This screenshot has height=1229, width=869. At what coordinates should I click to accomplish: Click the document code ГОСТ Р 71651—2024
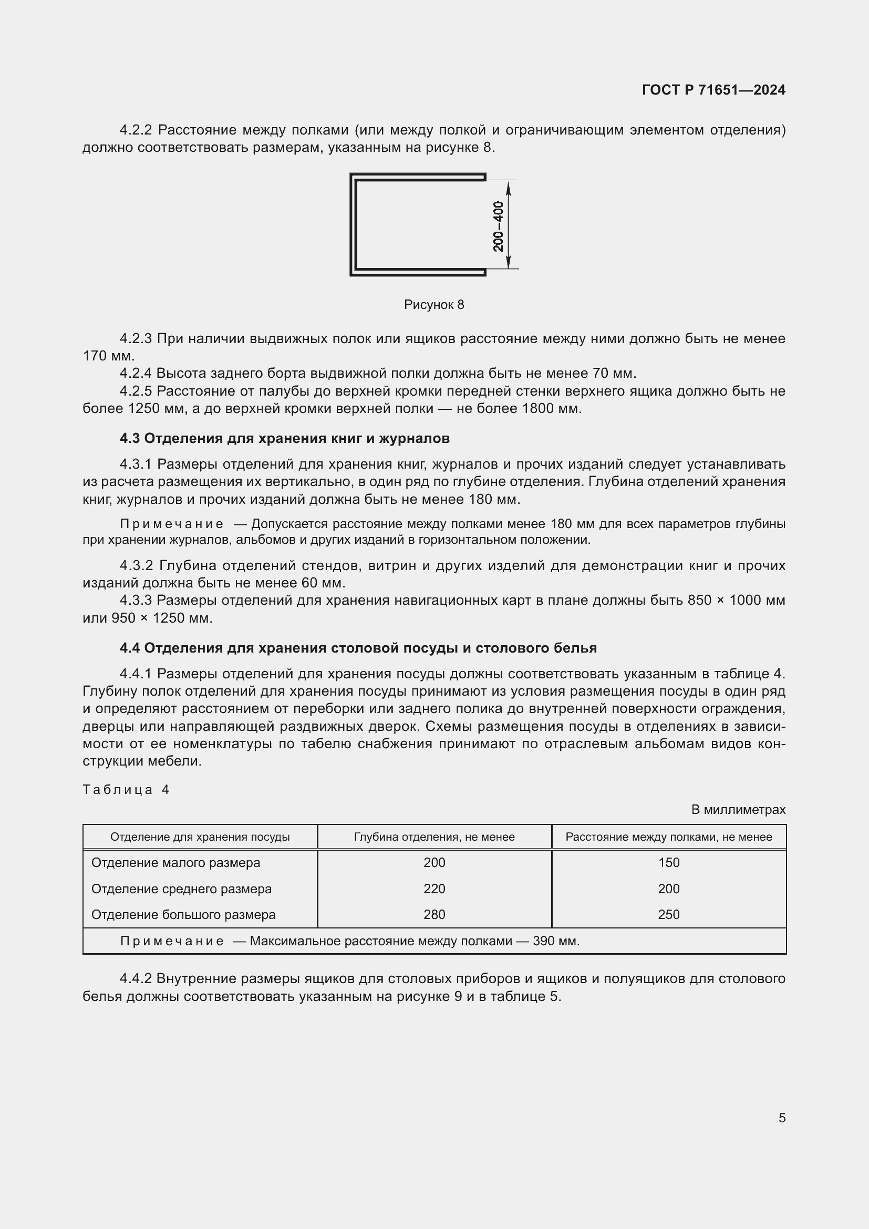tap(713, 90)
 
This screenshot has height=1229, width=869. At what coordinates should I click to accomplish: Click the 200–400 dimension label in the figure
tap(498, 226)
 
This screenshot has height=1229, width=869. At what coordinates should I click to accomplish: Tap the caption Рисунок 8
tap(434, 305)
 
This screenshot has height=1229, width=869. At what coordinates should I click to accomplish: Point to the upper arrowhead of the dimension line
tap(509, 185)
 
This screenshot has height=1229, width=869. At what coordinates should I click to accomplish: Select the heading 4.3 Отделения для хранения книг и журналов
tap(285, 438)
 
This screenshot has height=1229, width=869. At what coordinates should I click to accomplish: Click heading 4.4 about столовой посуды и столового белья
tap(358, 648)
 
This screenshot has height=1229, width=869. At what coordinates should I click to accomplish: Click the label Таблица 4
tap(126, 790)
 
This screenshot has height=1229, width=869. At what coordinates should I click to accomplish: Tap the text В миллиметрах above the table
tap(738, 809)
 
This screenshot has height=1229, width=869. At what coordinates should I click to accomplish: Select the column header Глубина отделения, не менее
tap(434, 836)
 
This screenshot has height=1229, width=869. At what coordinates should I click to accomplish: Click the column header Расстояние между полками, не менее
tap(668, 836)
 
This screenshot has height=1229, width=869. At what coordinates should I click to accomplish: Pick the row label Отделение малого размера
tap(175, 862)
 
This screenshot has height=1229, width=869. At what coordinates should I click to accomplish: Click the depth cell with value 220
tap(434, 889)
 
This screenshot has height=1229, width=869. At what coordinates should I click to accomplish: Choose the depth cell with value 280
tap(434, 914)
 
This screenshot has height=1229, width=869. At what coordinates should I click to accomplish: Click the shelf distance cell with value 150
tap(668, 862)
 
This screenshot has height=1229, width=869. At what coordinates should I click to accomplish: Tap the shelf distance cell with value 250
tap(668, 914)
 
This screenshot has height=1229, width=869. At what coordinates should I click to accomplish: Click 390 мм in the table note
tap(555, 941)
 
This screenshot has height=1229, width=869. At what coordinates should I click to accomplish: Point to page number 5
tap(782, 1118)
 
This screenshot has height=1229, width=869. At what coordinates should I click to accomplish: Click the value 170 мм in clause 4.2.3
tap(108, 356)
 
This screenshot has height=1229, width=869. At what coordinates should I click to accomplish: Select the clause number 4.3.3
tap(136, 600)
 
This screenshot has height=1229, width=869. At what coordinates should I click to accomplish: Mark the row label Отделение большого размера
tap(183, 914)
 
